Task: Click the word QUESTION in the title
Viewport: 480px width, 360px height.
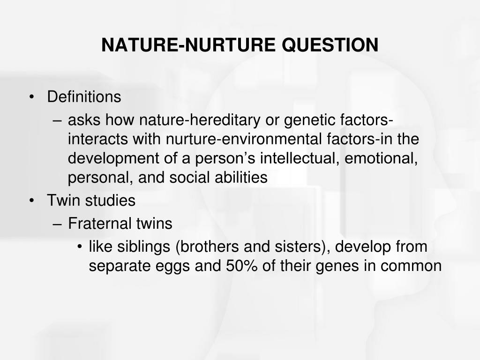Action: coord(330,45)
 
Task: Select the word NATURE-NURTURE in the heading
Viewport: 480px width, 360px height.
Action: coord(188,45)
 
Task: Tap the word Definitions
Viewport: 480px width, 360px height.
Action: coord(84,97)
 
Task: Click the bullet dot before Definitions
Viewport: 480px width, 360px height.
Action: coord(31,97)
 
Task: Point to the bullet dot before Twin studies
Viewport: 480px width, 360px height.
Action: coord(31,201)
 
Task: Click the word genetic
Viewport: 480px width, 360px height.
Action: coord(309,120)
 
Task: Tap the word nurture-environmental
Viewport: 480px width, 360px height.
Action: coord(244,139)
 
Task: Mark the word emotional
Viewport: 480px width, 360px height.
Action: coord(381,158)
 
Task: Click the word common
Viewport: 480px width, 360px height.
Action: coord(411,266)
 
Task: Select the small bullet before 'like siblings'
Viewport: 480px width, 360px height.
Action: coord(80,247)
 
